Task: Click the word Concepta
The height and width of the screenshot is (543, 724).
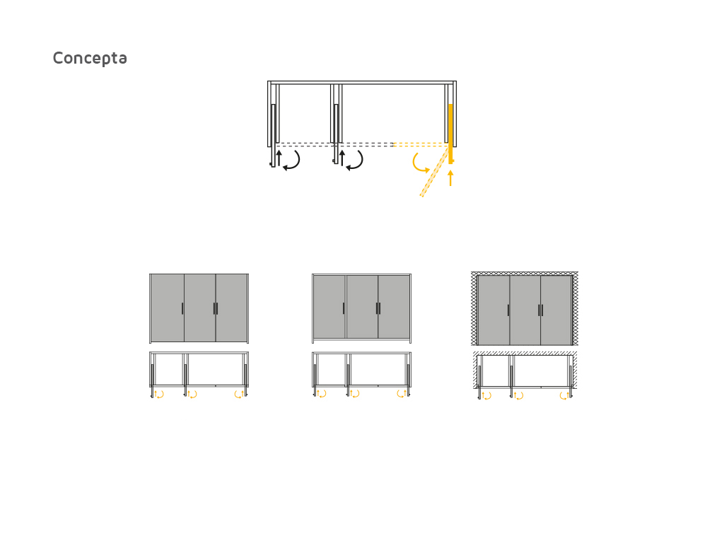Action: [x=90, y=58]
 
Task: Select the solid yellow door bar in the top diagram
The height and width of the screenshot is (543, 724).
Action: [x=450, y=134]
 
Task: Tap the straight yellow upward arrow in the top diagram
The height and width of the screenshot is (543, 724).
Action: [x=450, y=177]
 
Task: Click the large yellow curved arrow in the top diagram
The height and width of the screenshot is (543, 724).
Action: [x=419, y=163]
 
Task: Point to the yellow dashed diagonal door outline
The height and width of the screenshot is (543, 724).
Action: [x=434, y=172]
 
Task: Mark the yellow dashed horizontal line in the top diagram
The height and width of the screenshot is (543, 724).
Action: [x=420, y=144]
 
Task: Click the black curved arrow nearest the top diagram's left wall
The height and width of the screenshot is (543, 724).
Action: [x=292, y=160]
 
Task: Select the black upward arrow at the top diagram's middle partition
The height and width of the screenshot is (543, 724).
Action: [x=342, y=158]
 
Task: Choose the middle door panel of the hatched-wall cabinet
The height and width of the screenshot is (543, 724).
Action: [x=525, y=310]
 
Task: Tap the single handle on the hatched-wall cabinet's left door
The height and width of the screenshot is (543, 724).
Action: [x=508, y=310]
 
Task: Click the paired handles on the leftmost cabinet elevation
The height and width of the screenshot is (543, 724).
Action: [x=216, y=308]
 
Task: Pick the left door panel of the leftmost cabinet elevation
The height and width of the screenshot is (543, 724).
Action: [x=168, y=308]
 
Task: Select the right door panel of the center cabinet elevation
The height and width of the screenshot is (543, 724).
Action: [x=394, y=307]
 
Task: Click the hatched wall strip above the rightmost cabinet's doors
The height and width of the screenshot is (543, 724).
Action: [x=525, y=274]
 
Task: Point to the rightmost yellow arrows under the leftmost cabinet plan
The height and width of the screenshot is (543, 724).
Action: [x=239, y=394]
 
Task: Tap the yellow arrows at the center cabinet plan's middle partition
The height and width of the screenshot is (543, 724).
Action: [x=355, y=393]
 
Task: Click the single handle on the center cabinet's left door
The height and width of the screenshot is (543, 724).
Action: [x=344, y=308]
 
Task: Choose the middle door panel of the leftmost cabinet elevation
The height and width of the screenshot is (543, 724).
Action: [x=200, y=308]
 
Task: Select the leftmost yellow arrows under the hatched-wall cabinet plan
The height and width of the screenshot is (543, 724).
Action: [x=486, y=396]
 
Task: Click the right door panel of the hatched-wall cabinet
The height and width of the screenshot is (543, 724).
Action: [x=556, y=310]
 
